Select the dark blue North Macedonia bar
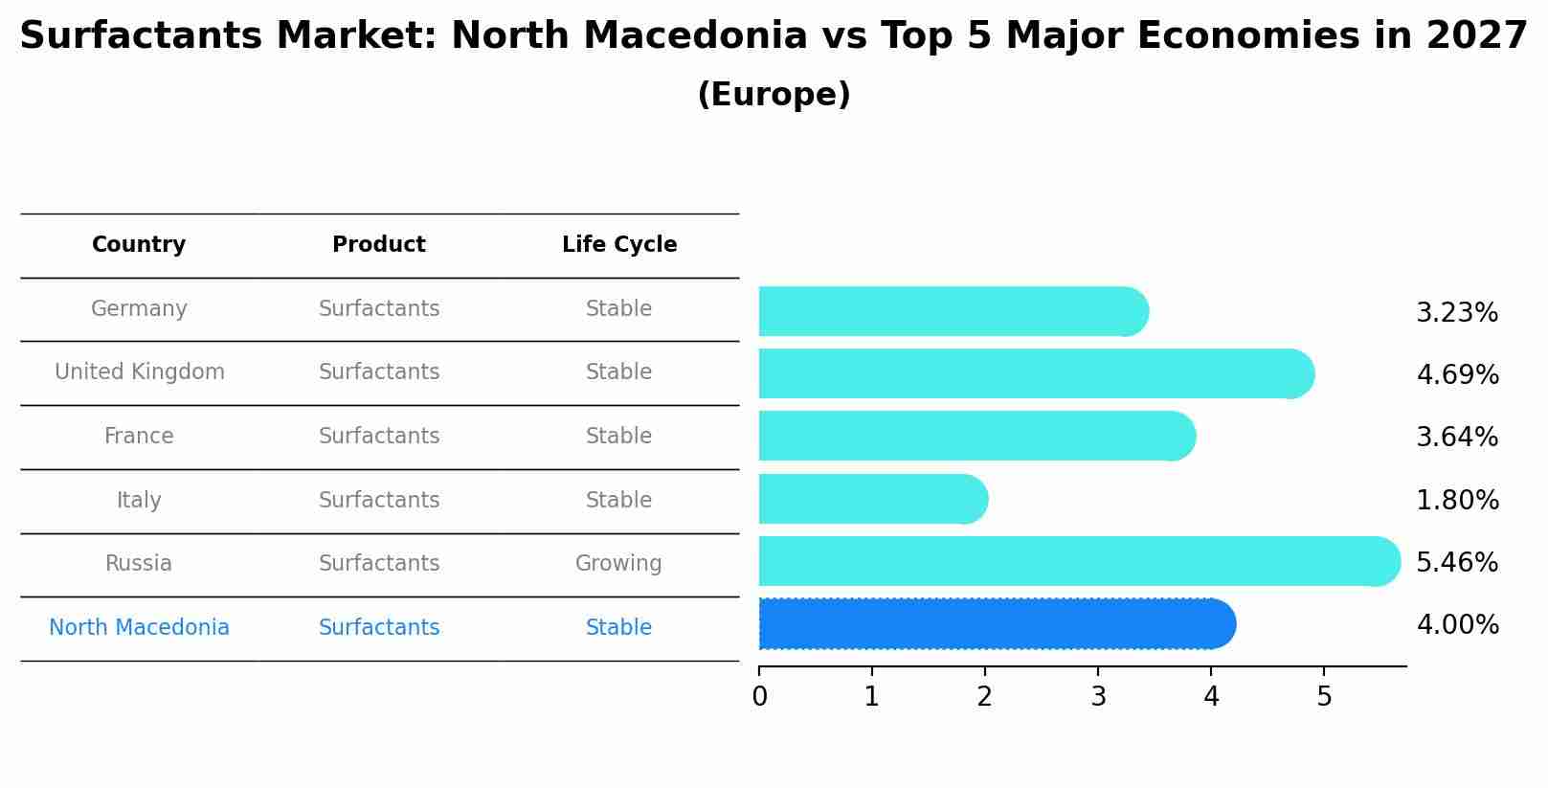pyautogui.click(x=996, y=624)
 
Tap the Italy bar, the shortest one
pyautogui.click(x=871, y=499)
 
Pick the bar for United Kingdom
pyautogui.click(x=1034, y=373)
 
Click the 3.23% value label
pyautogui.click(x=1456, y=313)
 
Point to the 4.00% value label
pyautogui.click(x=1457, y=625)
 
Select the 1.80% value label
pyautogui.click(x=1457, y=500)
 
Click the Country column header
pyautogui.click(x=139, y=245)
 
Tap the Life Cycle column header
pyautogui.click(x=619, y=245)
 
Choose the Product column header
pyautogui.click(x=379, y=245)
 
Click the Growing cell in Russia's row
pyautogui.click(x=618, y=564)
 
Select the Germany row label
pyautogui.click(x=139, y=309)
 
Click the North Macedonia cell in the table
pyautogui.click(x=139, y=628)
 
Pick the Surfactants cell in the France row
pyautogui.click(x=379, y=437)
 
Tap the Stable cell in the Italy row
pyautogui.click(x=618, y=501)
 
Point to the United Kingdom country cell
pyautogui.click(x=140, y=372)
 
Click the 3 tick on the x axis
pyautogui.click(x=1098, y=696)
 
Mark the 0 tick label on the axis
pyautogui.click(x=759, y=696)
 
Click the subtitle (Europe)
pyautogui.click(x=774, y=95)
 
